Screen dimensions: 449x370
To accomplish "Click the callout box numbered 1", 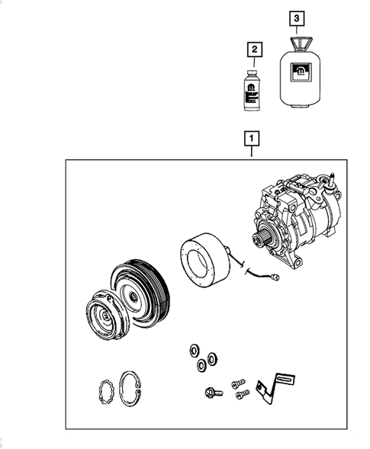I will click(251, 138).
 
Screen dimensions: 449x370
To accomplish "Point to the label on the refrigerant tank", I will click(301, 73).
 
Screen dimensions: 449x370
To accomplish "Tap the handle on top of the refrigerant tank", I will click(299, 41).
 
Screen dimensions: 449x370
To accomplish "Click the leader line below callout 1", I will click(251, 152).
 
